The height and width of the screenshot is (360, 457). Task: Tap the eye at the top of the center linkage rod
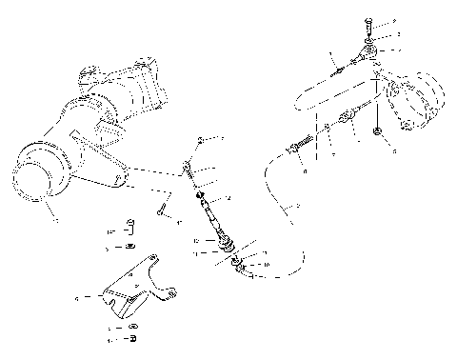(191, 168)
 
